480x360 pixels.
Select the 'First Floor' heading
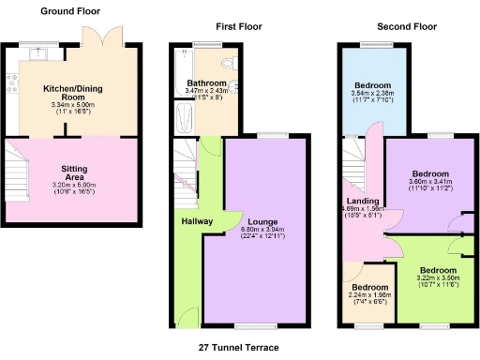239,27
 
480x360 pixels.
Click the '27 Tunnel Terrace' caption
239,346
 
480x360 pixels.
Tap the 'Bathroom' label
204,82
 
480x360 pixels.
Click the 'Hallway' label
198,221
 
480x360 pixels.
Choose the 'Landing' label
363,202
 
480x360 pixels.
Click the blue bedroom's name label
371,83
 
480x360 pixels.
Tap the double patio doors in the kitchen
98,39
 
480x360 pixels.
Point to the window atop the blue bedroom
371,46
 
